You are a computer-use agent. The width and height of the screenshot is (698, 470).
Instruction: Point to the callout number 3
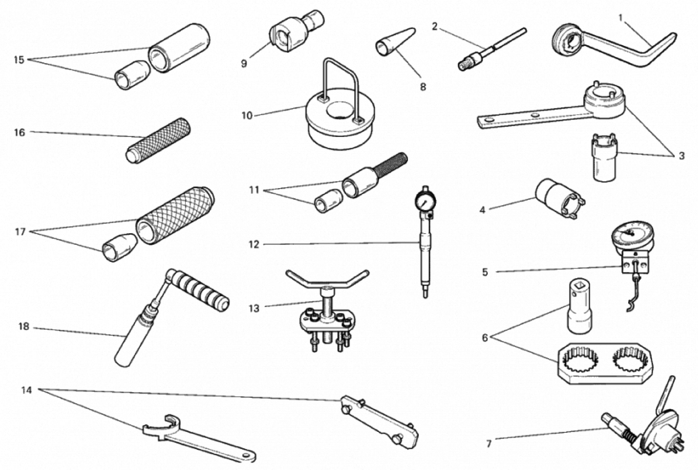pos(681,156)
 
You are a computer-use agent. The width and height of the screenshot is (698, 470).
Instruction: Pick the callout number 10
pos(247,116)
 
